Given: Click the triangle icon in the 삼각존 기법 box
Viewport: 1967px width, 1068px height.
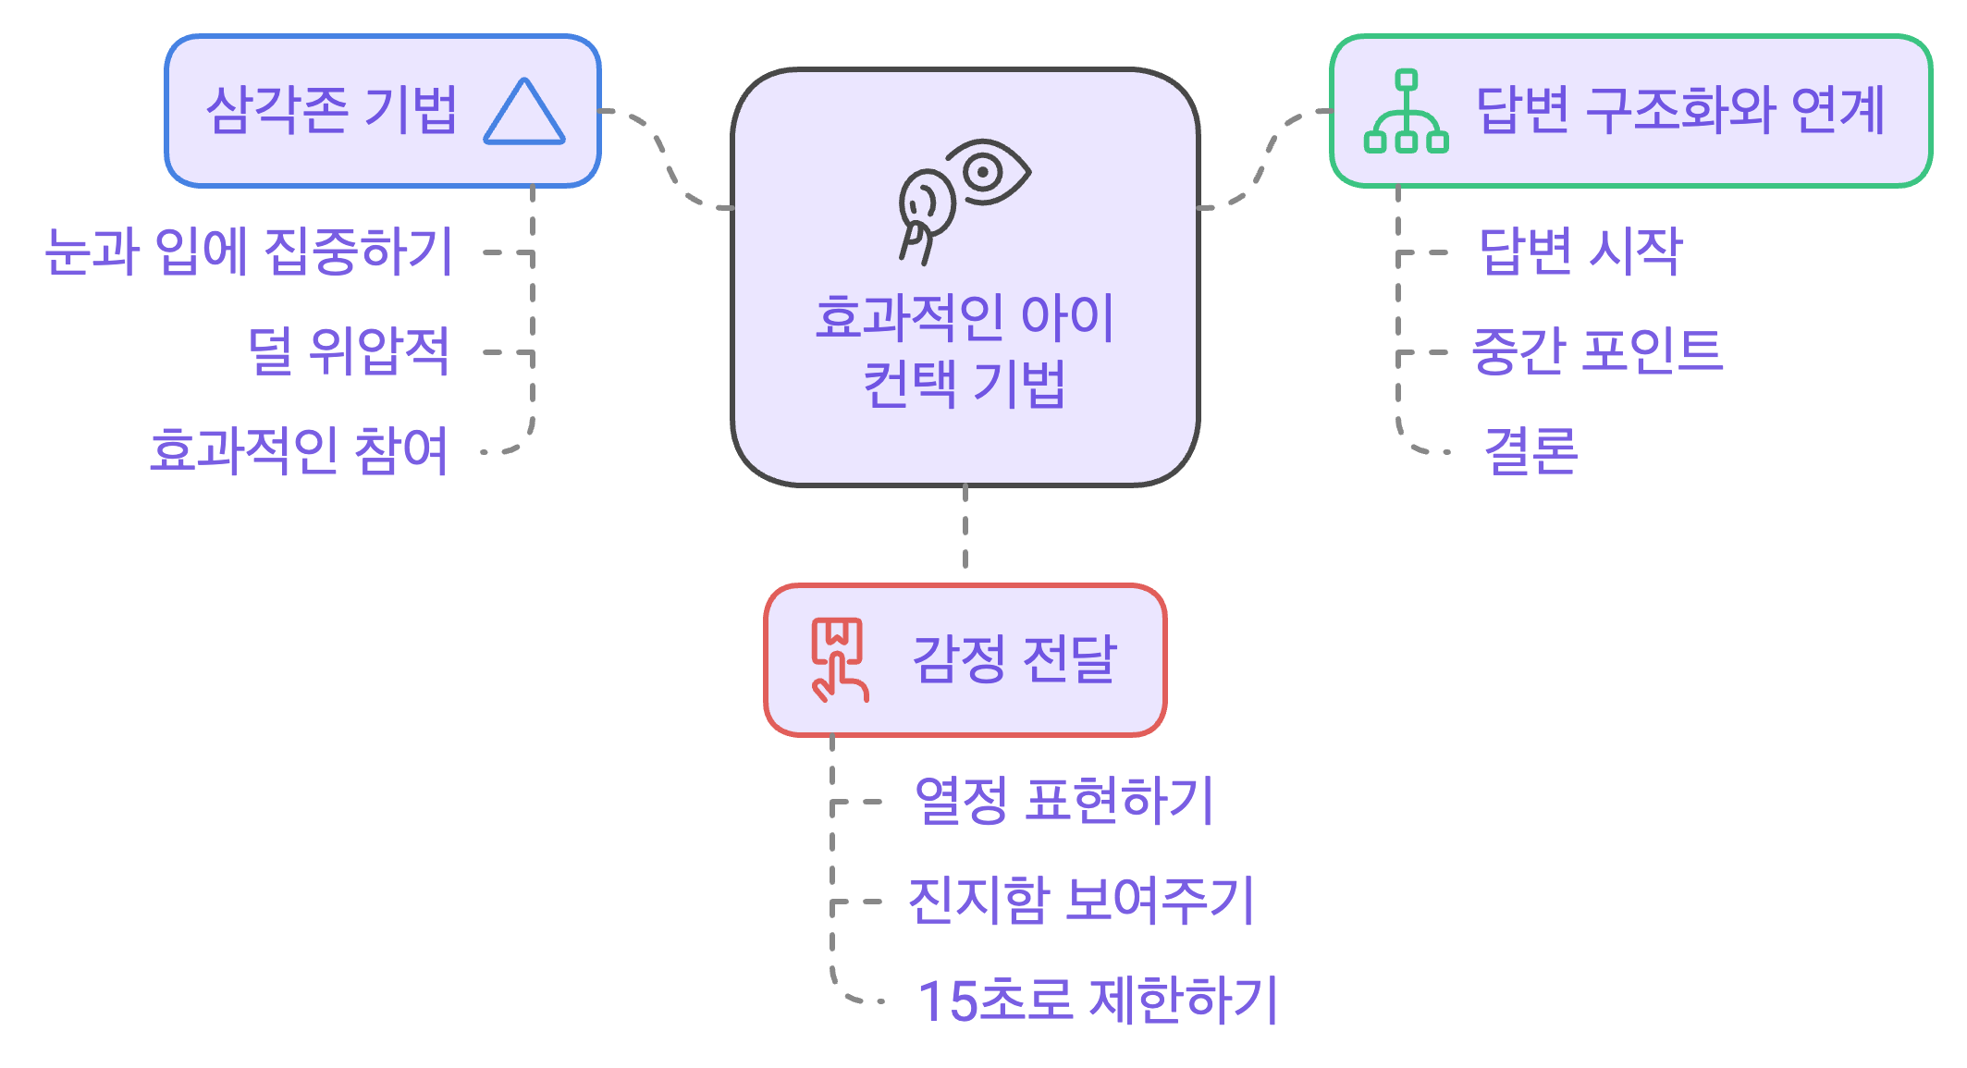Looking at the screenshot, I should click(523, 113).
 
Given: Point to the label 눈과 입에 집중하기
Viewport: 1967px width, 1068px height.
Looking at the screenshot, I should click(249, 252).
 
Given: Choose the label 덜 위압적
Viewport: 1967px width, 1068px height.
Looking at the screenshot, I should click(349, 351).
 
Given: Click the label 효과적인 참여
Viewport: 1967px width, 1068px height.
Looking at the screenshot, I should click(299, 451).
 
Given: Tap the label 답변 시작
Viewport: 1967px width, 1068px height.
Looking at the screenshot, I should click(1580, 252).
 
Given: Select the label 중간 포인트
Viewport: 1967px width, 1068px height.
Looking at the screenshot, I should click(1597, 351).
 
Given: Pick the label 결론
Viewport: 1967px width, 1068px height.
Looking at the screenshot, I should click(1531, 451).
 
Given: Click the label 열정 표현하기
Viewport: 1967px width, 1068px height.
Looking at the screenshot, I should click(1063, 801).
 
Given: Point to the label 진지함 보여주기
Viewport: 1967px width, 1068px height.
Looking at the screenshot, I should click(1080, 901).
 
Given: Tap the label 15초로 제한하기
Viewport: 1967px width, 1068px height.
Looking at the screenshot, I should click(1097, 1000).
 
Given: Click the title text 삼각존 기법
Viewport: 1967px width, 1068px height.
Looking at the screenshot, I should click(331, 111).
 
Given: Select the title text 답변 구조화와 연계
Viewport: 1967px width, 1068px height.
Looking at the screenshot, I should click(1679, 111).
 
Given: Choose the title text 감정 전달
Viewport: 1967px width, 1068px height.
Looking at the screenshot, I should click(1014, 659).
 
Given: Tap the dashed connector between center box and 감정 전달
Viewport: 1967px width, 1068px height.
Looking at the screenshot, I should click(965, 534).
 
